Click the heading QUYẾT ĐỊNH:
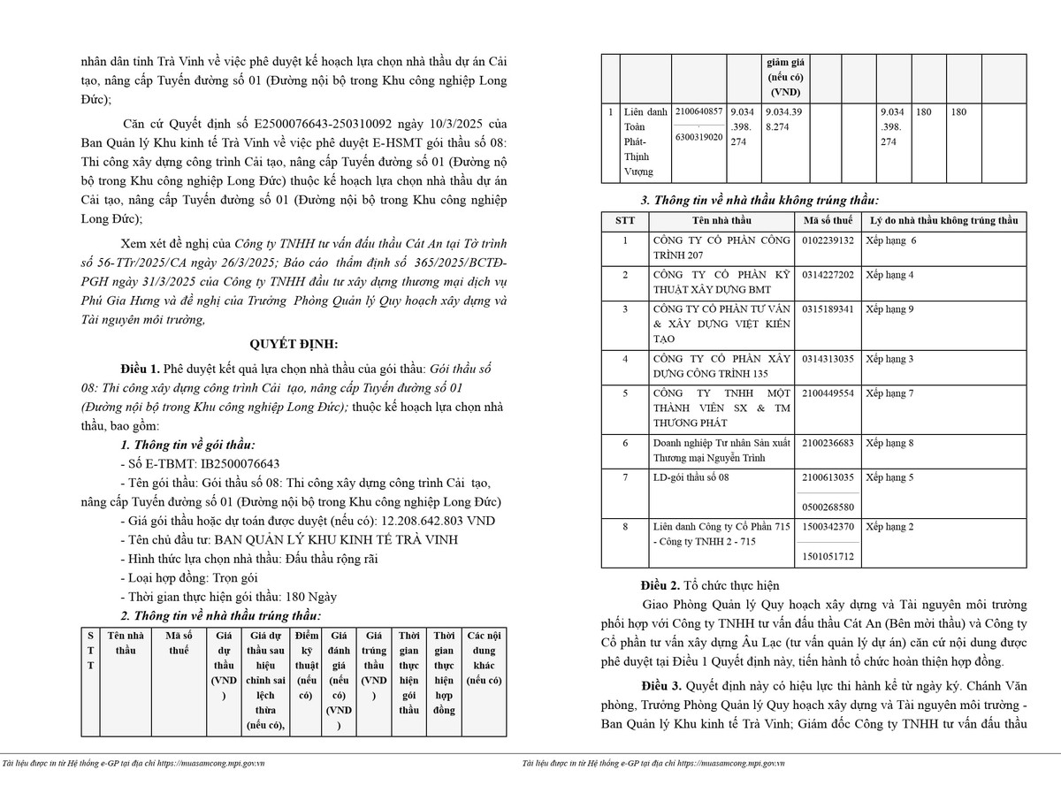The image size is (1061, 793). pos(293,344)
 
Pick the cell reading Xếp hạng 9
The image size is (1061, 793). pos(889,309)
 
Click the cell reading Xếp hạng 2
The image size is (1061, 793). pos(889,527)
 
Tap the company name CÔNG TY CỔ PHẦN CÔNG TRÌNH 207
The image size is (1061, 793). pos(721,248)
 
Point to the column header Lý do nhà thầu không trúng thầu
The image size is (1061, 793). pos(943,220)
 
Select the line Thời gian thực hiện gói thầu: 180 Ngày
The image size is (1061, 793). pos(228,597)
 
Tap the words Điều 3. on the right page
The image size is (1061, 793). pos(662,685)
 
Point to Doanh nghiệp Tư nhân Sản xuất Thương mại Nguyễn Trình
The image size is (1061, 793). pos(721,450)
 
